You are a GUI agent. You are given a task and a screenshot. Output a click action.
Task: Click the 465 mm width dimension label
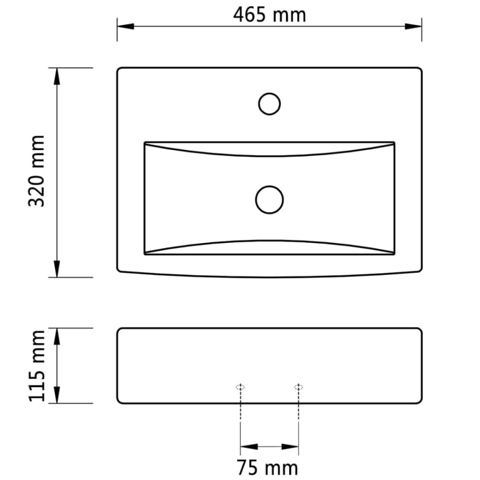tap(269, 15)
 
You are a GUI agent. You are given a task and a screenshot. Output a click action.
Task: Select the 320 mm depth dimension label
tap(36, 171)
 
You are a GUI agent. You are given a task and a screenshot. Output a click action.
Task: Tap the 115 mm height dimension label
tap(36, 365)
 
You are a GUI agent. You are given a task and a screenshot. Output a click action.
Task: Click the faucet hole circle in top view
tap(269, 104)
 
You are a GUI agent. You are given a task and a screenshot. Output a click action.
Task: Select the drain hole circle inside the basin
tap(269, 199)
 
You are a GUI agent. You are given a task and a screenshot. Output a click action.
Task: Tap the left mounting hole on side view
tap(241, 387)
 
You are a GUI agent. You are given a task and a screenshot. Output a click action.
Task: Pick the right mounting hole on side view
tap(299, 387)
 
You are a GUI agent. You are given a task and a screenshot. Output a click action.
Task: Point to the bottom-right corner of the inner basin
tap(394, 254)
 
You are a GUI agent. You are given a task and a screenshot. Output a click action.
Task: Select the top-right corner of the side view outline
tap(420, 329)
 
